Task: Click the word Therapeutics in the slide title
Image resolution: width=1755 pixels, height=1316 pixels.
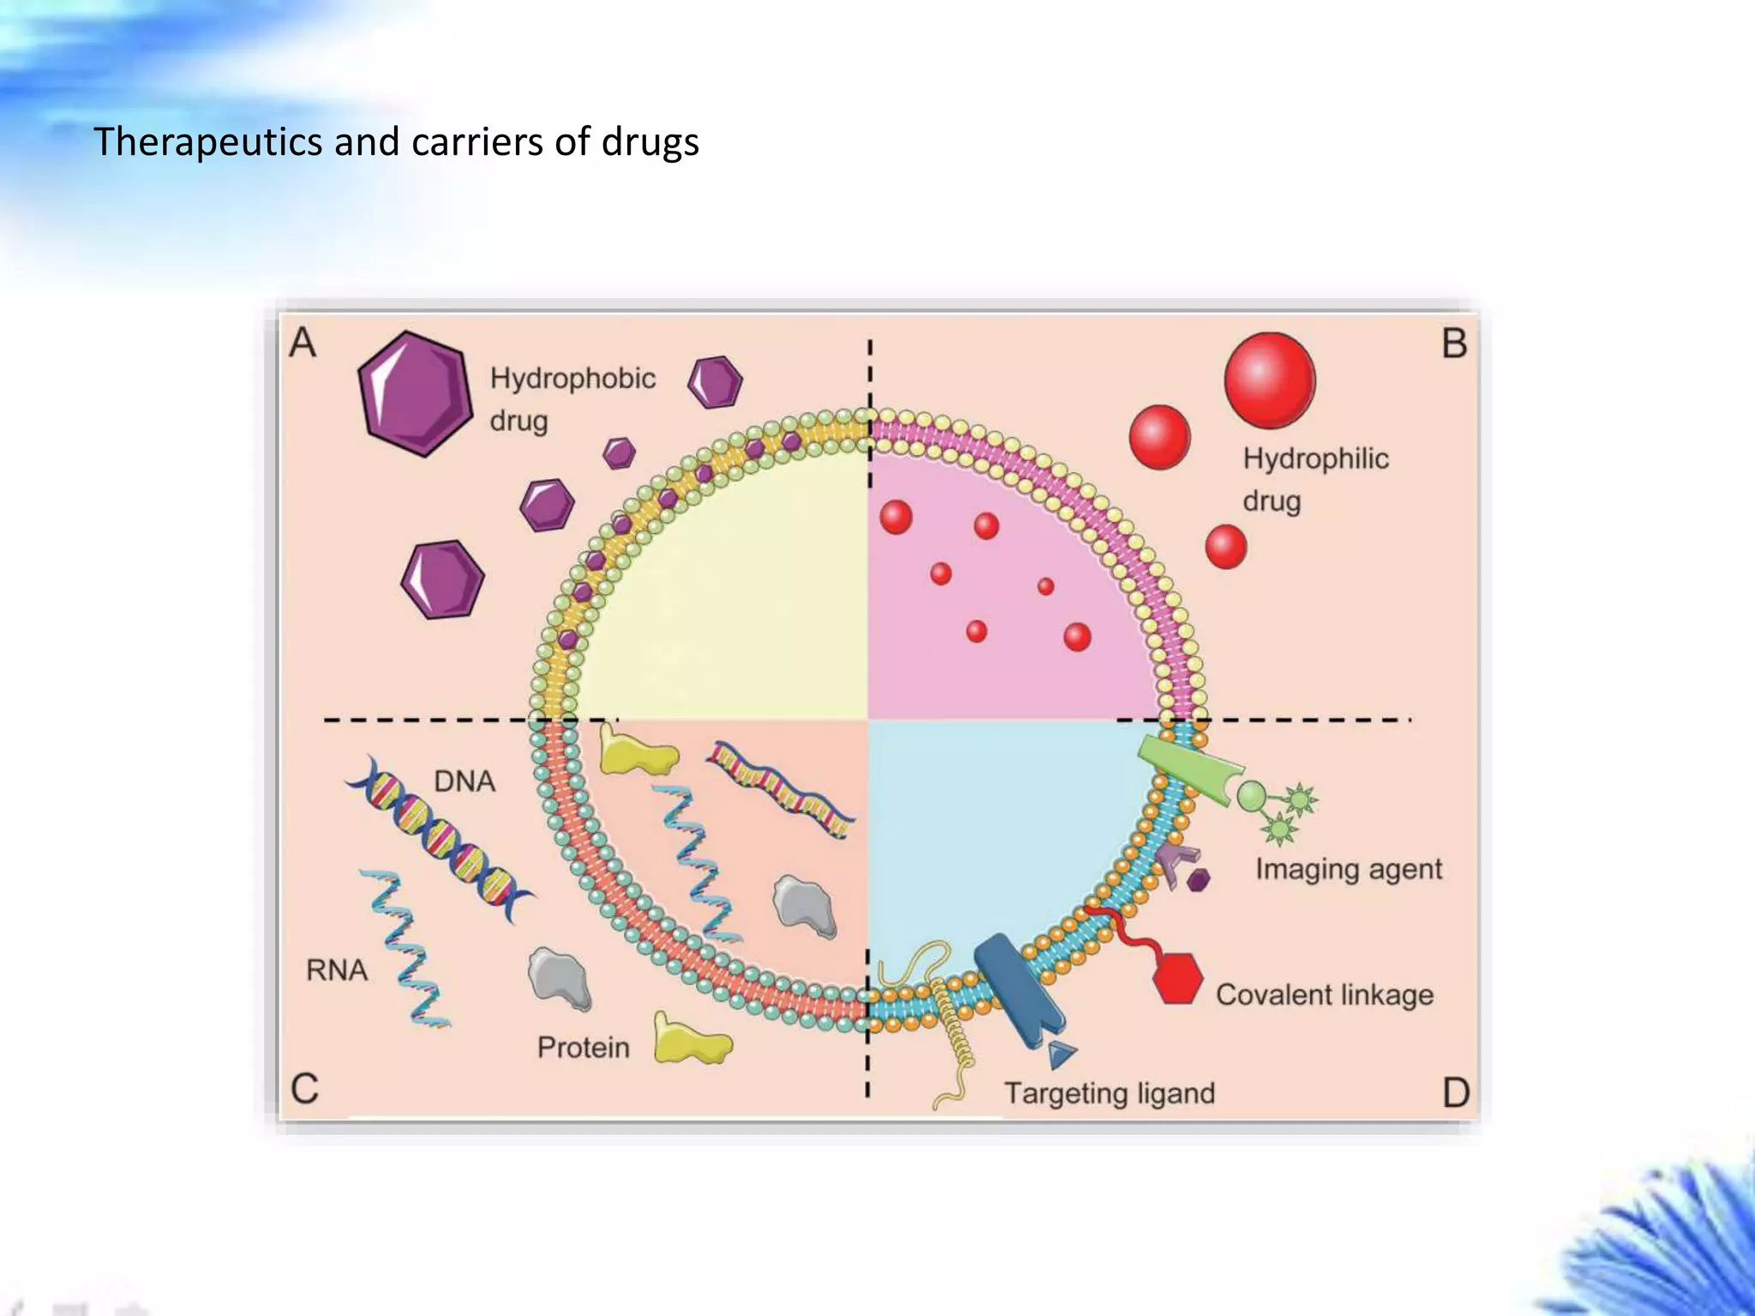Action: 207,142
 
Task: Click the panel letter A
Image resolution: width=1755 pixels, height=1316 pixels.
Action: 302,343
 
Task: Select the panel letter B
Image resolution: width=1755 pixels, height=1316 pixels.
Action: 1454,344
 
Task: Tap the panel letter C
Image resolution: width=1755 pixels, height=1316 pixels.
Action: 304,1089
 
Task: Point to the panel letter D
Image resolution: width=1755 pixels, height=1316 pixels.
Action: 1456,1092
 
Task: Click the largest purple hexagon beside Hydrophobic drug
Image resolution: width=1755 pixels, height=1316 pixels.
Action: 415,393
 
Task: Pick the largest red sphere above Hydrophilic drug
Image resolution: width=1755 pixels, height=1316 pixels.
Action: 1269,380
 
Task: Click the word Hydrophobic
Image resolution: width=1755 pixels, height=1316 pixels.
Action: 572,378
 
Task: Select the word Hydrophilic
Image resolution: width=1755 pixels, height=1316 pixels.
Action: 1315,458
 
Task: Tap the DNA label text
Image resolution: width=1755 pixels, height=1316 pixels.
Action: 464,781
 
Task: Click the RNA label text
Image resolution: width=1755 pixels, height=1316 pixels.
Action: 337,970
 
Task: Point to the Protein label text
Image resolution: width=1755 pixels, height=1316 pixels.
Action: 583,1047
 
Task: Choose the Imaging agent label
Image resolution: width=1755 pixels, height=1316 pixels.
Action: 1349,869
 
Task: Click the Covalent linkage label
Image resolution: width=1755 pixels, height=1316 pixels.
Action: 1324,995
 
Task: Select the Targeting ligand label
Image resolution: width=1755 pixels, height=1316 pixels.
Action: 1109,1093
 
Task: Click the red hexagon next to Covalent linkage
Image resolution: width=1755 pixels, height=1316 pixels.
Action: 1177,978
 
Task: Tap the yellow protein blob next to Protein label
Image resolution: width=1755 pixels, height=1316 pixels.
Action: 691,1040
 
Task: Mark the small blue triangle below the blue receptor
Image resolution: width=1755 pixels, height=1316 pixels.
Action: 1061,1054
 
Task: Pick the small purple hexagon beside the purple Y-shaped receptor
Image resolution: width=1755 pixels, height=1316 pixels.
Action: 1199,879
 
